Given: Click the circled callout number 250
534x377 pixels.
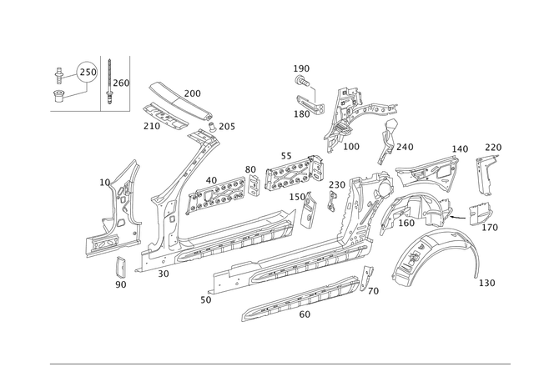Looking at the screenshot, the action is [88, 73].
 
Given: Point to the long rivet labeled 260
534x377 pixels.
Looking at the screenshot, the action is [109, 82].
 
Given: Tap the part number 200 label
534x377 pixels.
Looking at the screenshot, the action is [193, 93].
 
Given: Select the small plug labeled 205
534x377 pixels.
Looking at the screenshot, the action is [213, 126].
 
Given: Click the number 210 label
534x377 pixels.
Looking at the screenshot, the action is [152, 126].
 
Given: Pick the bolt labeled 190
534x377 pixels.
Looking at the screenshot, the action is [302, 82].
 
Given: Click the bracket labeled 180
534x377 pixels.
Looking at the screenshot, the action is [310, 103].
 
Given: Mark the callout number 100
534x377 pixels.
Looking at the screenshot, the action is [351, 147].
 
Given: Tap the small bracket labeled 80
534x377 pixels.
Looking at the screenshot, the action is [253, 185].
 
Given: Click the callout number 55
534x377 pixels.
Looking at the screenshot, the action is [286, 156].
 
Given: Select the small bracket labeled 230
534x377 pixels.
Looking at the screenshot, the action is [331, 202].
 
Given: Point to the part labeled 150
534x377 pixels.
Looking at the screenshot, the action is [309, 209].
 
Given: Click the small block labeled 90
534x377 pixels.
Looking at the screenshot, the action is [120, 267].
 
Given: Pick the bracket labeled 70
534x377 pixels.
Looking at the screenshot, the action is [366, 278].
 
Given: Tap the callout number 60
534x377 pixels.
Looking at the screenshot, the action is [305, 314].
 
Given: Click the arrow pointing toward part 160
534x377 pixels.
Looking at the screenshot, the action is [458, 216].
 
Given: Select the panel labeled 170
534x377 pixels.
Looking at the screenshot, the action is [481, 214].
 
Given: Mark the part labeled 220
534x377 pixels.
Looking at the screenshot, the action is [485, 174].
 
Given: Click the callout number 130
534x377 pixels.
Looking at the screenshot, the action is [487, 283].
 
